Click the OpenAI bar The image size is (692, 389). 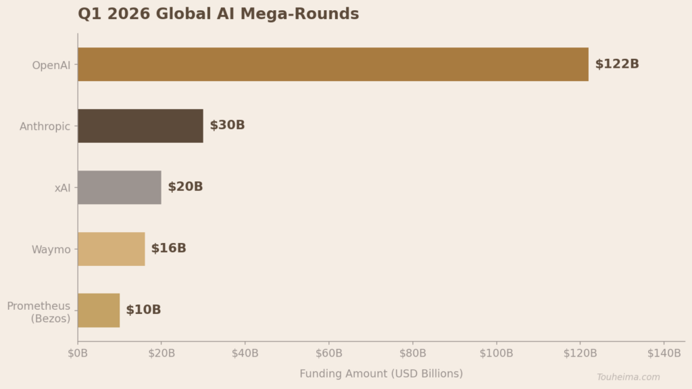[x=332, y=64]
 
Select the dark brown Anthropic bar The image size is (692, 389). [x=140, y=126]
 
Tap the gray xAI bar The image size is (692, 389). [x=119, y=187]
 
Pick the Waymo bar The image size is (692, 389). [x=111, y=249]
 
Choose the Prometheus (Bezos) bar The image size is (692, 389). [x=99, y=311]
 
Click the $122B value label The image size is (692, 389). [x=616, y=64]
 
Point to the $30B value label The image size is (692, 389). [x=227, y=126]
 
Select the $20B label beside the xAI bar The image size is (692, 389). [x=185, y=187]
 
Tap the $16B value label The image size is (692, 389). [x=168, y=249]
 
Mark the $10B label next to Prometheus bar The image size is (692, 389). [x=143, y=311]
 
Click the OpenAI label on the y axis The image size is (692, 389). [x=51, y=66]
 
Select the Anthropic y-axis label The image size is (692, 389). [x=45, y=127]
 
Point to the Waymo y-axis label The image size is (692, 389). [x=51, y=250]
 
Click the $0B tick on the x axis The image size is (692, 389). [x=78, y=353]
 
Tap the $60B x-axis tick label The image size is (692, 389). [x=329, y=353]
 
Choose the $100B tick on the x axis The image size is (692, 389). [x=497, y=353]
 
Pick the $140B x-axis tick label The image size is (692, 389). [x=664, y=353]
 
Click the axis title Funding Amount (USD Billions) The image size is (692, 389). [x=381, y=373]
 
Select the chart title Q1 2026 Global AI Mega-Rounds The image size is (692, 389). [x=218, y=14]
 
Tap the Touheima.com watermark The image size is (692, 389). [x=628, y=377]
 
